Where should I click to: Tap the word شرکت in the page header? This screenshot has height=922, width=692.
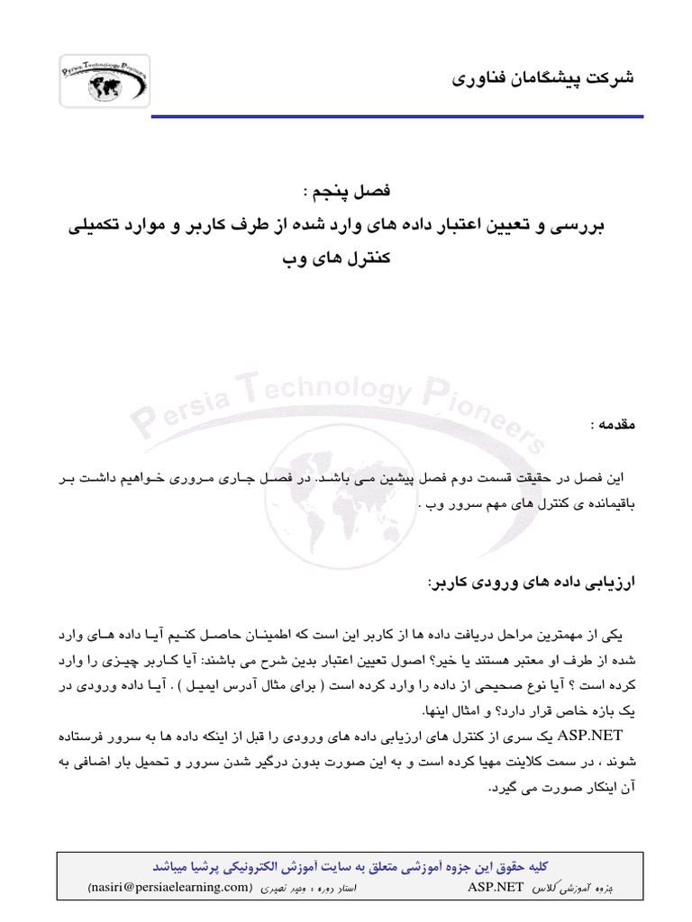(611, 78)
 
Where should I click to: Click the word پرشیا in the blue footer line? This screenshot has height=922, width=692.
(208, 865)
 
